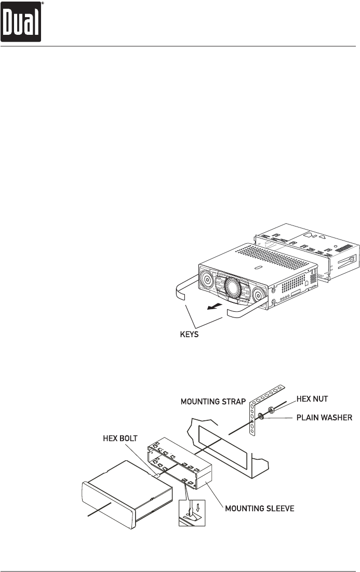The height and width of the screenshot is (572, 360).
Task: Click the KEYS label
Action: [x=186, y=336]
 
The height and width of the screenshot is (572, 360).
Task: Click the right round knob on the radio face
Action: [x=258, y=297]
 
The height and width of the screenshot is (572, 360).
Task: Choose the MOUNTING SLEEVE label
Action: [x=259, y=508]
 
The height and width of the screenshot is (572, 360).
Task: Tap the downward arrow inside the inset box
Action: [x=196, y=504]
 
